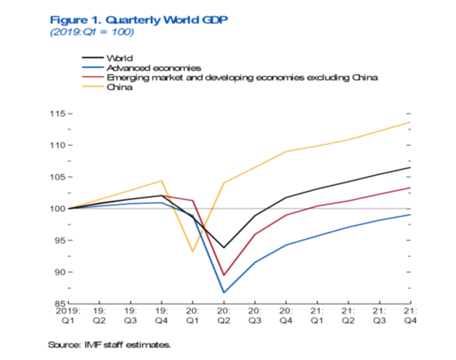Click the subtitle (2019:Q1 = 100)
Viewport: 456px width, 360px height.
pos(91,33)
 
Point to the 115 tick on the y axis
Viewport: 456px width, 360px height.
pos(56,114)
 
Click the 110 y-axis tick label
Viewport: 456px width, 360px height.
pos(56,146)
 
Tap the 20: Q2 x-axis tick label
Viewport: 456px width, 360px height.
pos(224,314)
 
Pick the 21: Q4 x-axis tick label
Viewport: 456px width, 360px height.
pos(410,314)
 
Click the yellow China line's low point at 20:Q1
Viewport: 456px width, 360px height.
pos(192,252)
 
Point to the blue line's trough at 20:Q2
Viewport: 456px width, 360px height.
pos(224,292)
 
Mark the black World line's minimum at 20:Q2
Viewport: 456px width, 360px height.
pos(224,247)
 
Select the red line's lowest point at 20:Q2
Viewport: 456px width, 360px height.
pos(224,275)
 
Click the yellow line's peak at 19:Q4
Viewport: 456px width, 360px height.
pos(161,181)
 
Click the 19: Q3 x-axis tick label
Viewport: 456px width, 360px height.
pos(130,314)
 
